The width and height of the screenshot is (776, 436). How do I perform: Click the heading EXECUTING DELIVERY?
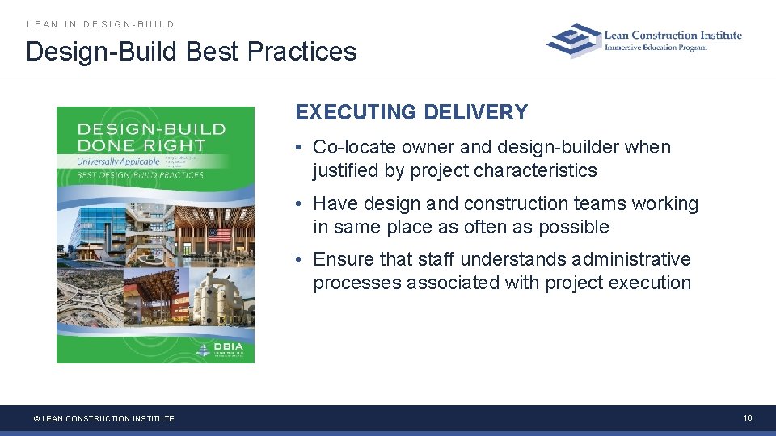411,112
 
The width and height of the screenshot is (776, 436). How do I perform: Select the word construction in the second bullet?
517,204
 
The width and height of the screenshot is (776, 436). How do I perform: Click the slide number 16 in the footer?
748,417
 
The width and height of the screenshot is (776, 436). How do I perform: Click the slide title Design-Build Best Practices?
192,52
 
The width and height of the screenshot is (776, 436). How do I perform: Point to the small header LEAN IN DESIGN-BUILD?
101,24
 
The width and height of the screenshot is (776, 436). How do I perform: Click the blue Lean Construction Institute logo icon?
574,40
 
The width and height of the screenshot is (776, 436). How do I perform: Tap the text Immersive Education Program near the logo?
656,48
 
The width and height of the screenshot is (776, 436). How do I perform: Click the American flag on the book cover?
221,237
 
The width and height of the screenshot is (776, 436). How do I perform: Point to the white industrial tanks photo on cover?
218,299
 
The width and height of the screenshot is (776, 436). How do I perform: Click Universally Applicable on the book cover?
119,161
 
